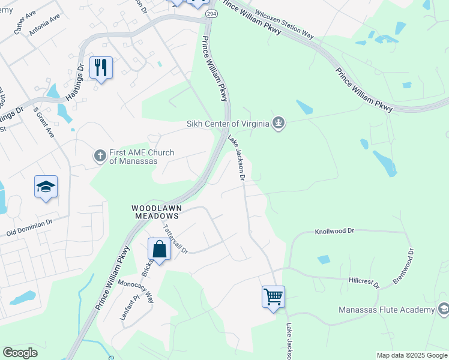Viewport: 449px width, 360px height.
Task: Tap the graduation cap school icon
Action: click(46, 187)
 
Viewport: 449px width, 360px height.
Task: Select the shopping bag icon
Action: click(160, 249)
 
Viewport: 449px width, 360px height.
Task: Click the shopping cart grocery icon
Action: click(273, 296)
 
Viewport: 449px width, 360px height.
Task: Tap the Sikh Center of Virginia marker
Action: click(278, 124)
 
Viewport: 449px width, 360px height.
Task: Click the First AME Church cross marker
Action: click(100, 156)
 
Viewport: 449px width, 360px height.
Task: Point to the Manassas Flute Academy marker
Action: click(444, 310)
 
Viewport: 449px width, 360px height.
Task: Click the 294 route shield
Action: click(211, 13)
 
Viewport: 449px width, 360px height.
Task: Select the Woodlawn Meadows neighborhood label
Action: click(156, 212)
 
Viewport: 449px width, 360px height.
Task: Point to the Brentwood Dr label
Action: click(403, 268)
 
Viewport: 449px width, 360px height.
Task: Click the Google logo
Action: click(20, 353)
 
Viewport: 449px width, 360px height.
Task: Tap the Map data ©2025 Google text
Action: click(411, 355)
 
